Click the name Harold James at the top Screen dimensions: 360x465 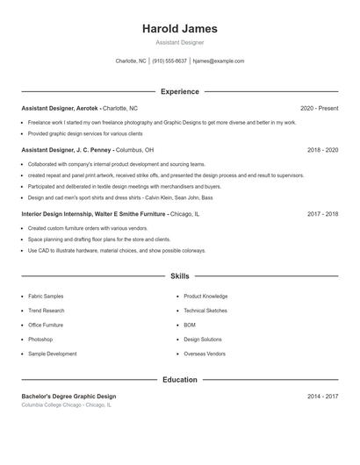click(x=180, y=29)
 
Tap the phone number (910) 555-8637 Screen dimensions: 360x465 click(x=169, y=61)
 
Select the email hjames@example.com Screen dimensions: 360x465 click(x=218, y=61)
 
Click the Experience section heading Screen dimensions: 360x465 click(x=180, y=91)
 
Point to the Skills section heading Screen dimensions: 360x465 click(x=180, y=276)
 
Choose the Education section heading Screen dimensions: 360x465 click(x=180, y=380)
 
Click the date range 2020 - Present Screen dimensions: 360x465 click(x=319, y=108)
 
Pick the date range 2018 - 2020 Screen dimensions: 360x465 click(x=322, y=150)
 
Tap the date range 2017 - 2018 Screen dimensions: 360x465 click(x=322, y=213)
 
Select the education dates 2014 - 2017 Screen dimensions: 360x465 click(x=322, y=397)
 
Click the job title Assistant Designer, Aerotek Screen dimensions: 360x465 click(x=60, y=108)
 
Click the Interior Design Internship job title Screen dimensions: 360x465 click(x=93, y=213)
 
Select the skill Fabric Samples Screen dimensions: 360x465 click(x=46, y=297)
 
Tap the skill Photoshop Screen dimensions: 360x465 click(x=40, y=339)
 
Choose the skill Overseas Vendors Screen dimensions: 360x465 click(x=205, y=353)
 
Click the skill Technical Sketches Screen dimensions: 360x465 click(x=205, y=311)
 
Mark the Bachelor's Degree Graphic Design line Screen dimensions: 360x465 click(x=68, y=397)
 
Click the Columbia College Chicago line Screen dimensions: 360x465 click(x=67, y=405)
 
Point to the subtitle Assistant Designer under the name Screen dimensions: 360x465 click(x=180, y=42)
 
